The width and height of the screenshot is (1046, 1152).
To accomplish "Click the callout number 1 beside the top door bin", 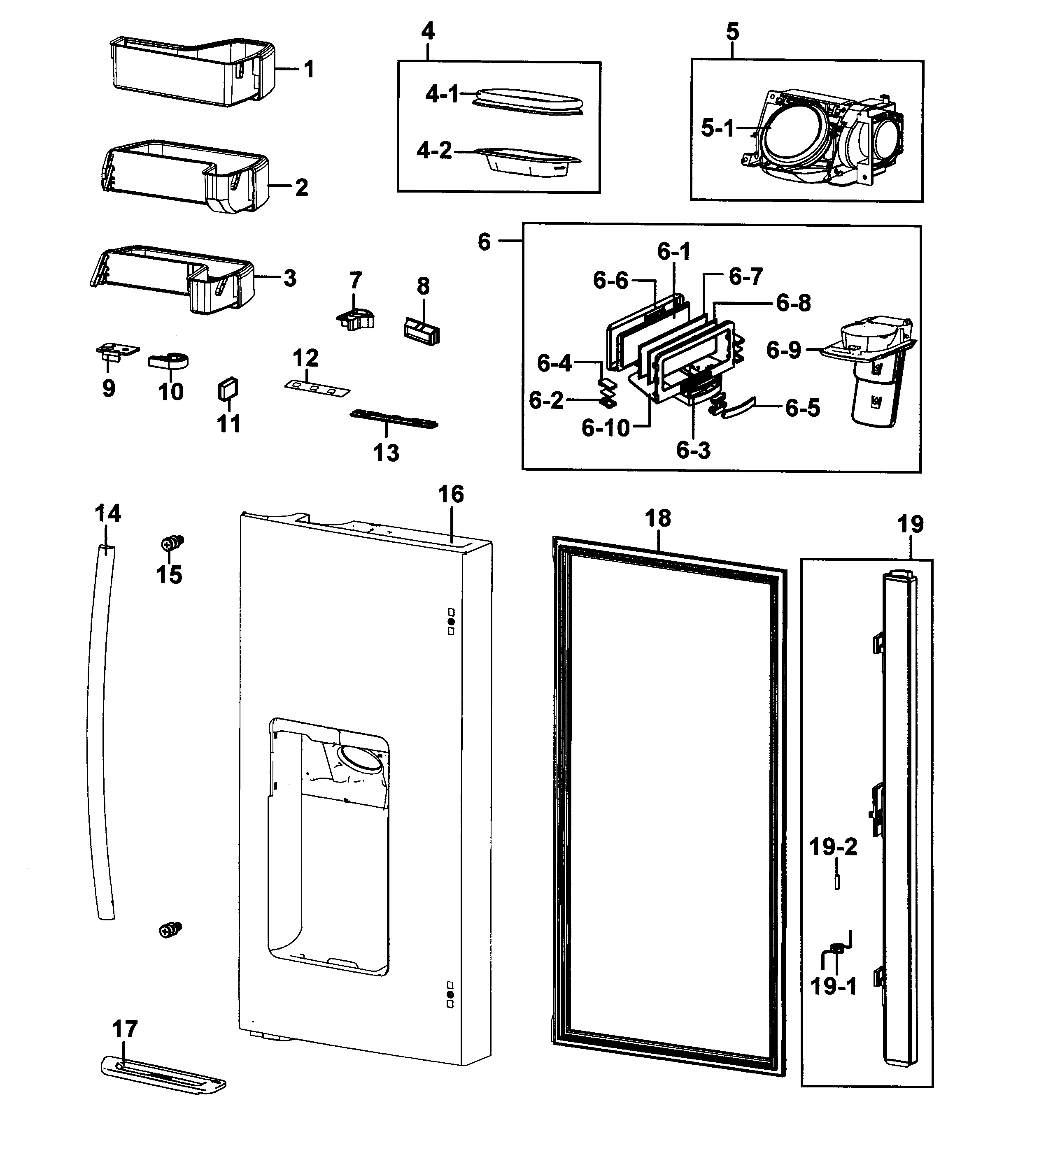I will pyautogui.click(x=309, y=69).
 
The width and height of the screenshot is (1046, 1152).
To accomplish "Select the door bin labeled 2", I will pyautogui.click(x=183, y=177).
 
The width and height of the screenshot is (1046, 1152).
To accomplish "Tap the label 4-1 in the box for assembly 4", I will pyautogui.click(x=442, y=94).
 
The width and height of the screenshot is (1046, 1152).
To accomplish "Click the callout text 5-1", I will pyautogui.click(x=718, y=128).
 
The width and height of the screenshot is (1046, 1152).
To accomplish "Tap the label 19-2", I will pyautogui.click(x=833, y=847).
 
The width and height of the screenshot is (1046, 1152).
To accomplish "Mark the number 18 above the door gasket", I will pyautogui.click(x=657, y=518).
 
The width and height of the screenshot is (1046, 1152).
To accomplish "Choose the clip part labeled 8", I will pyautogui.click(x=422, y=331).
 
